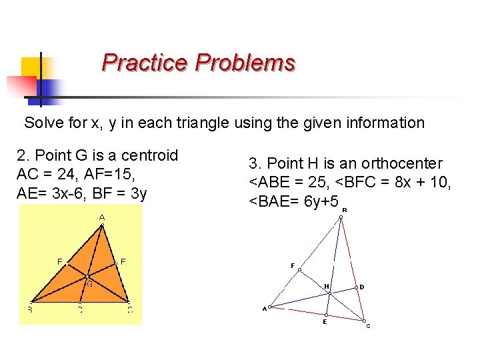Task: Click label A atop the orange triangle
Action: (x=102, y=218)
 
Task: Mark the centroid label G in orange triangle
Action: (x=89, y=283)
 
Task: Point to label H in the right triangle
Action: (x=327, y=287)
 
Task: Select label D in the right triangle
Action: (x=361, y=287)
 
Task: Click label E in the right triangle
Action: (x=325, y=322)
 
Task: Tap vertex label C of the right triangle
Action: (x=367, y=326)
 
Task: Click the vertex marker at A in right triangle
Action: (x=270, y=307)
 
